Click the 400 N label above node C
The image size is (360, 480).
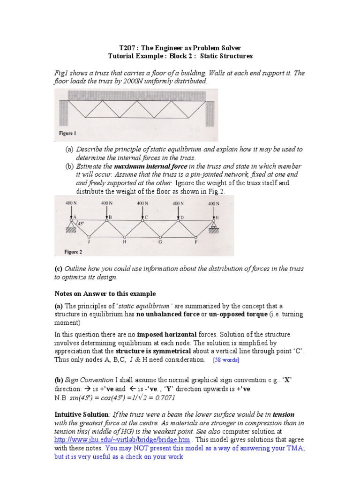pyautogui.click(x=142, y=203)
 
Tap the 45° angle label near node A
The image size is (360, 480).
pyautogui.click(x=81, y=224)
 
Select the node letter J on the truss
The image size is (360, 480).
pyautogui.click(x=89, y=242)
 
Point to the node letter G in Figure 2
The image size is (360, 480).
pyautogui.click(x=160, y=242)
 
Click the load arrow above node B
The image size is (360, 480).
pyautogui.click(x=107, y=211)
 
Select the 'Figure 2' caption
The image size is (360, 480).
pyautogui.click(x=73, y=252)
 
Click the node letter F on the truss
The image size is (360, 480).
pyautogui.click(x=196, y=242)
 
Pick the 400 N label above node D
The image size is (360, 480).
pyautogui.click(x=178, y=203)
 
